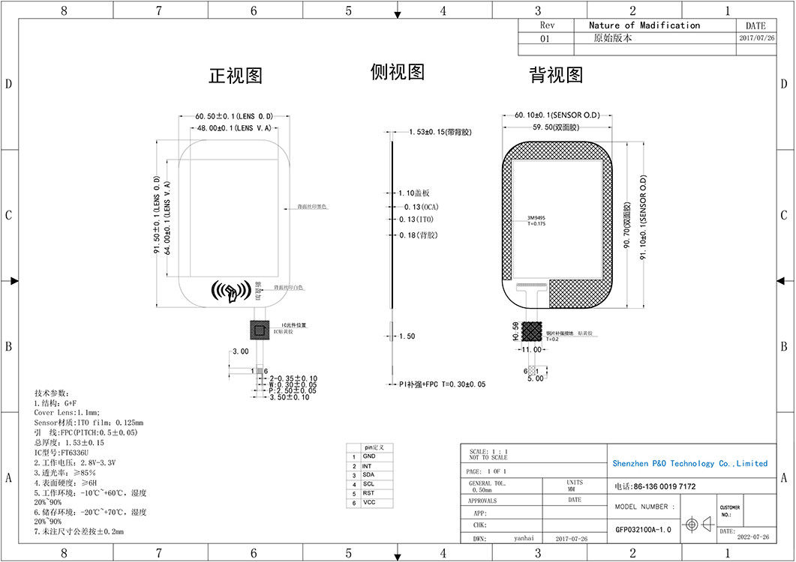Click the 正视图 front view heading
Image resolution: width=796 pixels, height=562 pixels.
(235, 76)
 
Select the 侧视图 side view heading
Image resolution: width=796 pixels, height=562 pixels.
(398, 72)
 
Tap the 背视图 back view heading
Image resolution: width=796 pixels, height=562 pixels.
(556, 75)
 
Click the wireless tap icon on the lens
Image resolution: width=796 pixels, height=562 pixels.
(230, 291)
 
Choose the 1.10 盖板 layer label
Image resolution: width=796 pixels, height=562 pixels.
(414, 193)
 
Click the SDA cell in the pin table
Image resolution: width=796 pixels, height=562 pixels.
(368, 475)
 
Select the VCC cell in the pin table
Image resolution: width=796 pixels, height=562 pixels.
(368, 503)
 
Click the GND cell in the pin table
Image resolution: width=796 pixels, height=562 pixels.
(369, 456)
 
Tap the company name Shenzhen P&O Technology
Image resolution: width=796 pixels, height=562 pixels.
(689, 464)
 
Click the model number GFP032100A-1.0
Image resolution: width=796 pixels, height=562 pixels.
(643, 528)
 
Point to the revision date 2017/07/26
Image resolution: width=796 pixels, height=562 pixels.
(756, 38)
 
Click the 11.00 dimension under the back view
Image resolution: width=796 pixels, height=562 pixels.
(531, 350)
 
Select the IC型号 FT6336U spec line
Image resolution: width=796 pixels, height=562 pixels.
(62, 453)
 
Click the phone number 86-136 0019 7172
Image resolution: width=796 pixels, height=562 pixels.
(654, 487)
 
